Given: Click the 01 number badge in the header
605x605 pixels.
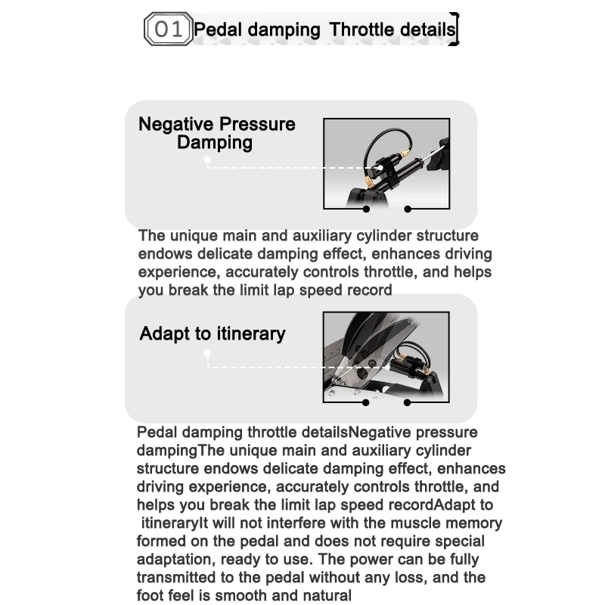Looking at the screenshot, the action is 168,29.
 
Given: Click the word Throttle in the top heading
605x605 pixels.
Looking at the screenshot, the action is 362,29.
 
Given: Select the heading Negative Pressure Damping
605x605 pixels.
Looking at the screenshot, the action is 216,133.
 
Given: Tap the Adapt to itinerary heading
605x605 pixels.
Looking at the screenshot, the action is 213,334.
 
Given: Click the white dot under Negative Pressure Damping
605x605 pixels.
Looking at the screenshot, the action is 207,160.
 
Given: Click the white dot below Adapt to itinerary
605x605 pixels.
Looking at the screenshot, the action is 207,352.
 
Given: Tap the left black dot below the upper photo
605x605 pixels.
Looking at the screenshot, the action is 366,209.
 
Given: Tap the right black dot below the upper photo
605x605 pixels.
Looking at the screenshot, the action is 408,209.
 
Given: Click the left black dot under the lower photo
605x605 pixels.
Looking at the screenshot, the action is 366,403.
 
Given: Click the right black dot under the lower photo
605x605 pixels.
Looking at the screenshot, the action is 407,403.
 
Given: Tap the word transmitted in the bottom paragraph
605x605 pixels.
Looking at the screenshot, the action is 176,578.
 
